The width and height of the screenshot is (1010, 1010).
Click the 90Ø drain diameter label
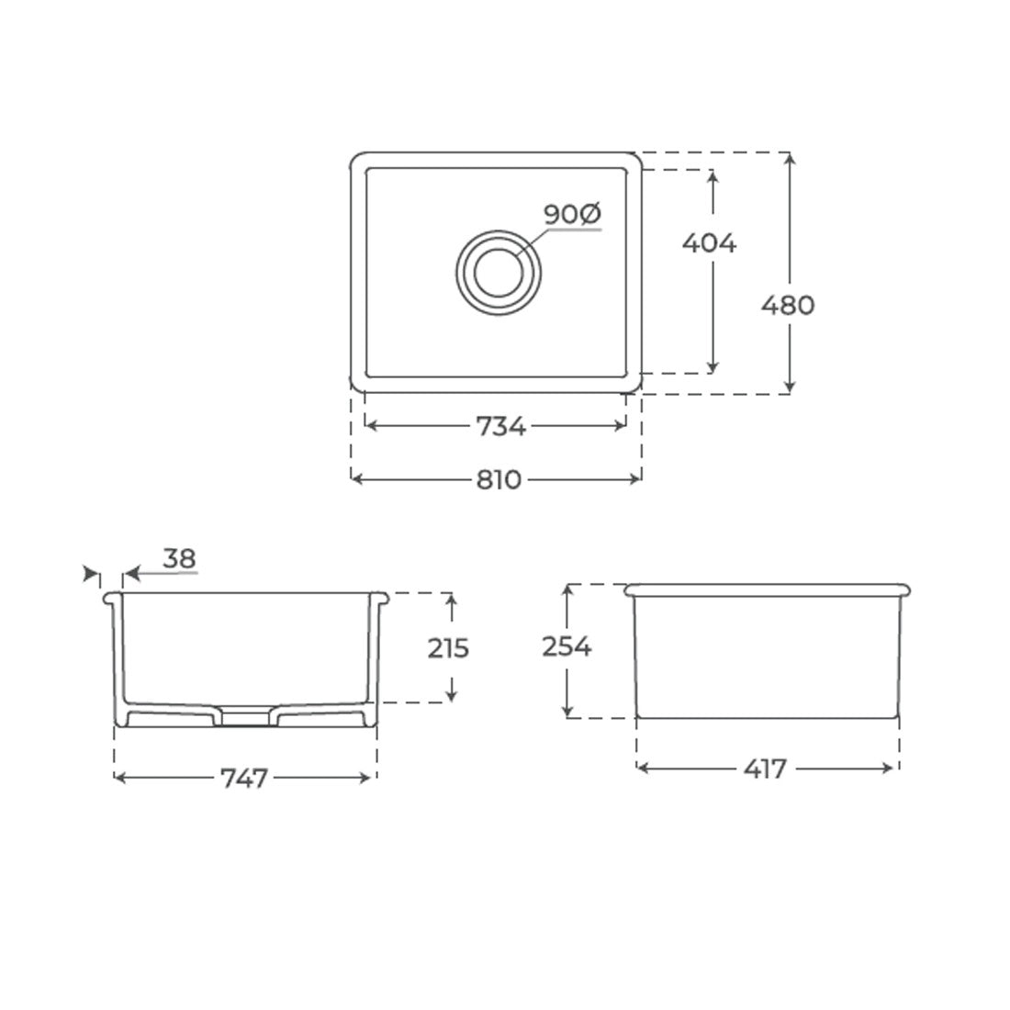pyautogui.click(x=572, y=214)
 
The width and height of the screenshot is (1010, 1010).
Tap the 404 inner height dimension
pyautogui.click(x=709, y=242)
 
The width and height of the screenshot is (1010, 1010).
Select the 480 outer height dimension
pyautogui.click(x=788, y=305)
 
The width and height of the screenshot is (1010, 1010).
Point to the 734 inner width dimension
pyautogui.click(x=500, y=426)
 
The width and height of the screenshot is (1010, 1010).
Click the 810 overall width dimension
pyautogui.click(x=499, y=480)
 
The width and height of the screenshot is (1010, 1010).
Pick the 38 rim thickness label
pyautogui.click(x=179, y=558)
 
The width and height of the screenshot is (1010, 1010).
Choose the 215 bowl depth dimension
pyautogui.click(x=448, y=648)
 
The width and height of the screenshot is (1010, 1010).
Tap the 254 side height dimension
pyautogui.click(x=567, y=646)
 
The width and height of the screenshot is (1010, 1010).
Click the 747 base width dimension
pyautogui.click(x=244, y=778)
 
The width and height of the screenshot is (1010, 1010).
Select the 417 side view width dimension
pyautogui.click(x=765, y=769)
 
